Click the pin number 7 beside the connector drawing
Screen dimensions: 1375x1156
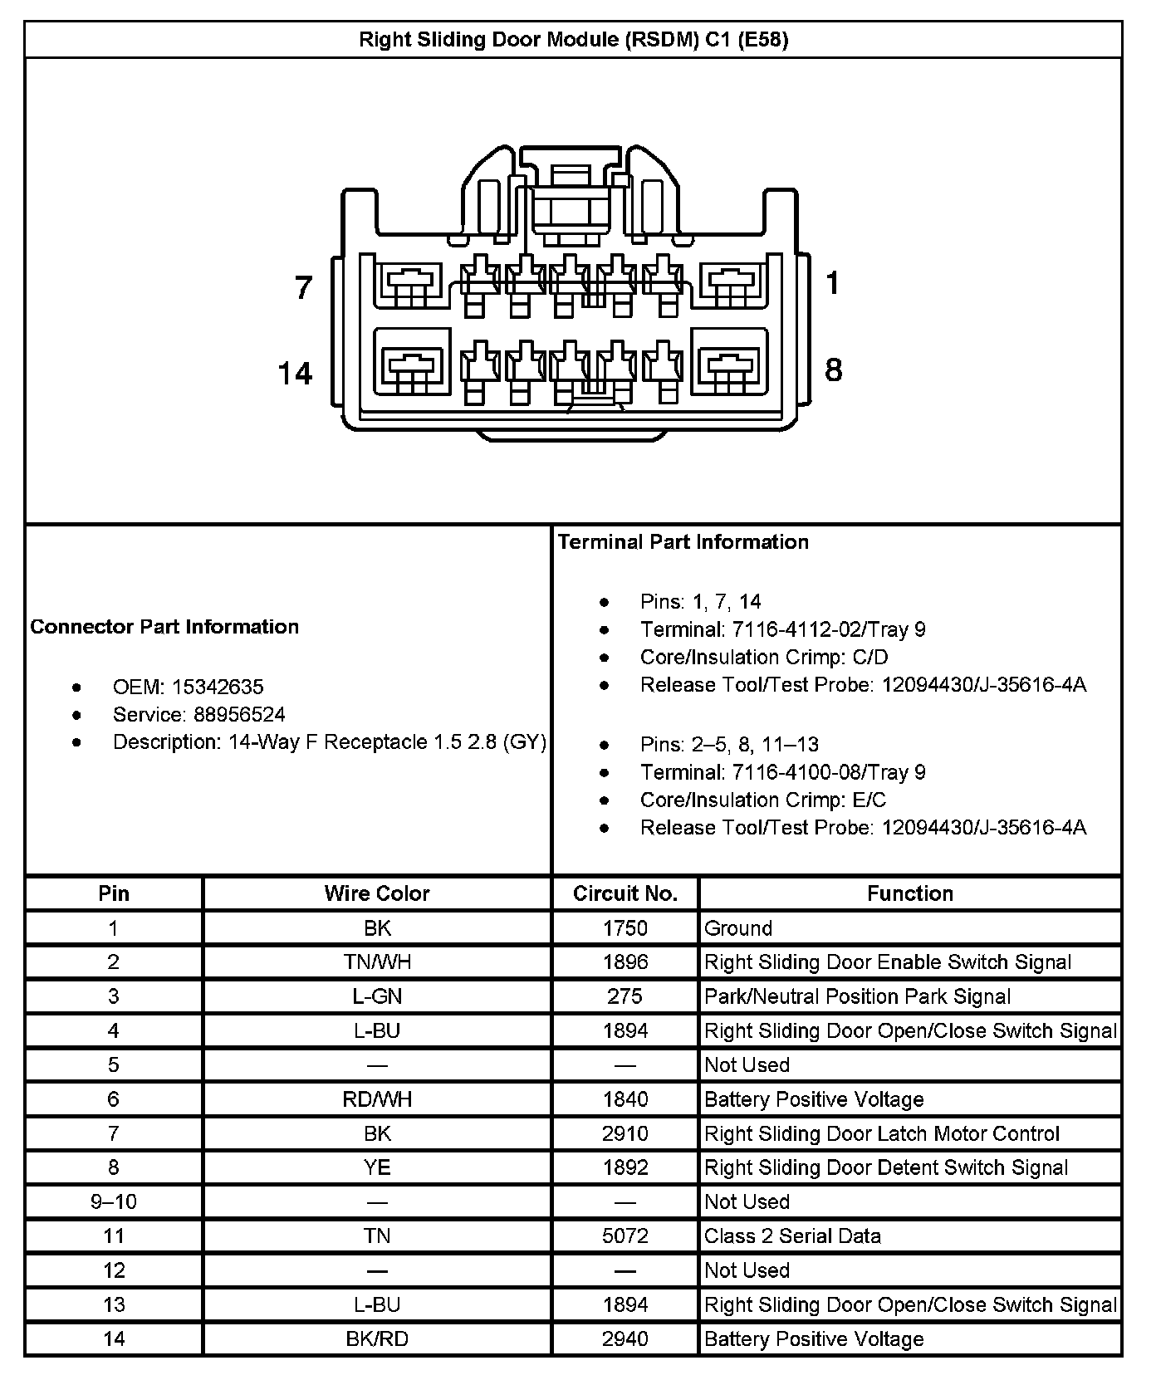tap(304, 287)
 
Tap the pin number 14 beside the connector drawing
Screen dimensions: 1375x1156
tap(295, 374)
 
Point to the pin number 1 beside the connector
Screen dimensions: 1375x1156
tap(833, 284)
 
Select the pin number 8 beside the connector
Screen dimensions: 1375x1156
tap(833, 369)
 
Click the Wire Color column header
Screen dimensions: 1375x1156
tap(377, 893)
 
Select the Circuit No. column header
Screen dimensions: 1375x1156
tap(625, 893)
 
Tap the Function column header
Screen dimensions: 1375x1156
tap(910, 893)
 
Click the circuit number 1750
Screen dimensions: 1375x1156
tap(625, 928)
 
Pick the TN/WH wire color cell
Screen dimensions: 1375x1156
tap(377, 962)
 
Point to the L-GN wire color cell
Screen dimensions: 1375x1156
tap(377, 996)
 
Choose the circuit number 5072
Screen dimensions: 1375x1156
tap(625, 1236)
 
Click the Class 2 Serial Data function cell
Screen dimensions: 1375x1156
tap(792, 1236)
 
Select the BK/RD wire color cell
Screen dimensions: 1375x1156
tap(377, 1339)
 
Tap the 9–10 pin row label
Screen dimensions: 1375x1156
tap(114, 1202)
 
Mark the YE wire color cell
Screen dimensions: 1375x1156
tap(377, 1168)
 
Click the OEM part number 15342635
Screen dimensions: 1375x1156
tap(218, 687)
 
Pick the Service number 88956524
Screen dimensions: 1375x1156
tap(239, 715)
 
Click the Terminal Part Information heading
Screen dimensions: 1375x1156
tap(683, 542)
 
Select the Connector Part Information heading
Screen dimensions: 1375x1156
tap(164, 627)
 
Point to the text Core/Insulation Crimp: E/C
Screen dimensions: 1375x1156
tap(762, 800)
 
